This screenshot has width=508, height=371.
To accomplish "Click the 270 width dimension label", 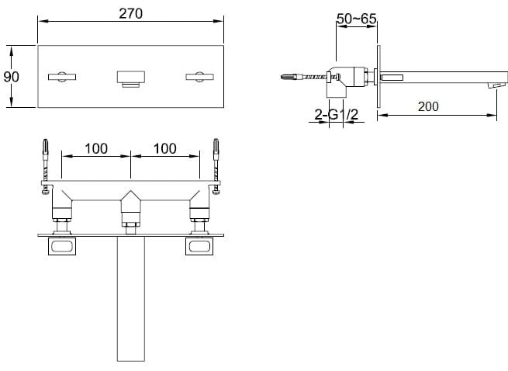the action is (130, 14).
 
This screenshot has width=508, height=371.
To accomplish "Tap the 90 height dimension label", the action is (12, 77).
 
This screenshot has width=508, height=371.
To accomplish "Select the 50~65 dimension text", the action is (357, 19).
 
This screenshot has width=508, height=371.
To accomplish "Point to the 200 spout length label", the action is (428, 106).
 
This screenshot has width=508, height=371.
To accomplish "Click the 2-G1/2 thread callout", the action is (337, 114).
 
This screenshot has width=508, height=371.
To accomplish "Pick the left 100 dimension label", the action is (96, 149).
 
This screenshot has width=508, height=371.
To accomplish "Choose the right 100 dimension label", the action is (165, 149).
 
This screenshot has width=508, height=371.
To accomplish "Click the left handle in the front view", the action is (62, 77).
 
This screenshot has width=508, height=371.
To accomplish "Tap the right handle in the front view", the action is (199, 77).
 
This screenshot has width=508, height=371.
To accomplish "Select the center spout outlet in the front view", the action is (130, 79).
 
